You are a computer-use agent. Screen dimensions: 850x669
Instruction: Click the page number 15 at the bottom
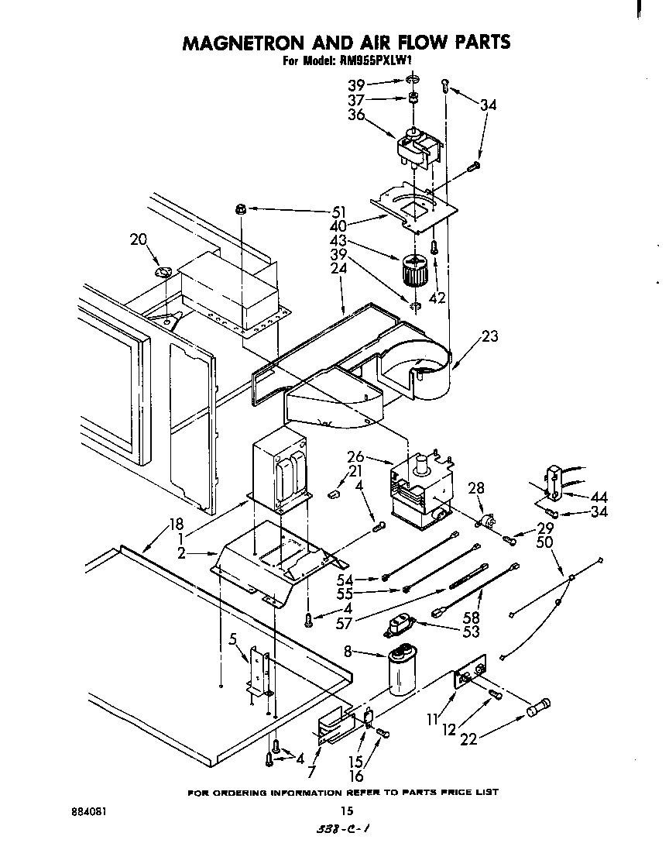(347, 811)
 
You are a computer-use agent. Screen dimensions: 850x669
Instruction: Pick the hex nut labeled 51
(241, 209)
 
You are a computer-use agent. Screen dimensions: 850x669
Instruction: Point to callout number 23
(489, 336)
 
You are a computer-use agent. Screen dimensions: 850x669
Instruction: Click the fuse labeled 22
(537, 707)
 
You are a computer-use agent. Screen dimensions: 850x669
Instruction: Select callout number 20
(139, 240)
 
